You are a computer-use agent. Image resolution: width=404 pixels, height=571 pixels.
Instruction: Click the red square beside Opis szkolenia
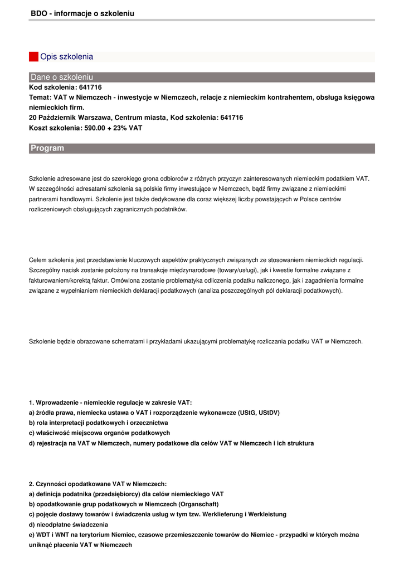tap(33, 57)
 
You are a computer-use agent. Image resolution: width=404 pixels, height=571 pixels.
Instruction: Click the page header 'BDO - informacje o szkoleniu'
tap(82, 13)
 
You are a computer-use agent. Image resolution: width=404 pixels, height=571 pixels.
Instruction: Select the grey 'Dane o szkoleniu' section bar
tap(202, 77)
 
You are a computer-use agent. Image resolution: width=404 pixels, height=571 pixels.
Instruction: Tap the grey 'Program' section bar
tap(202, 148)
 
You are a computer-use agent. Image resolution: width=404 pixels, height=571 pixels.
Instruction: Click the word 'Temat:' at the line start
tap(40, 98)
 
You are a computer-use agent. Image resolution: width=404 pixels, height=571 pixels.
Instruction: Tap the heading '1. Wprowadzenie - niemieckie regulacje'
tap(110, 403)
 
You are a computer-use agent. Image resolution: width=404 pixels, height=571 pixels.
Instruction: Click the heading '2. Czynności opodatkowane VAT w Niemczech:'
tap(98, 484)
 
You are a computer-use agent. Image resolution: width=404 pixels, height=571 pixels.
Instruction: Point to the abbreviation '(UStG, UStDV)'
tap(259, 413)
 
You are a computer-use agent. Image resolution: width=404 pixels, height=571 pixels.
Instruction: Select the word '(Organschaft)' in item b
tap(199, 504)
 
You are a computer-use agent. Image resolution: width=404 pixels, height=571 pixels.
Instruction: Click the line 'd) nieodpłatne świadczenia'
tap(69, 525)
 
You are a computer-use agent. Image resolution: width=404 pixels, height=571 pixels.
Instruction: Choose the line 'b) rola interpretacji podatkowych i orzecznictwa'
tap(98, 423)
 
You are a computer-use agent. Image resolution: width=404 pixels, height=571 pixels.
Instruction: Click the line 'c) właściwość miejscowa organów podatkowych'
tap(99, 433)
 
